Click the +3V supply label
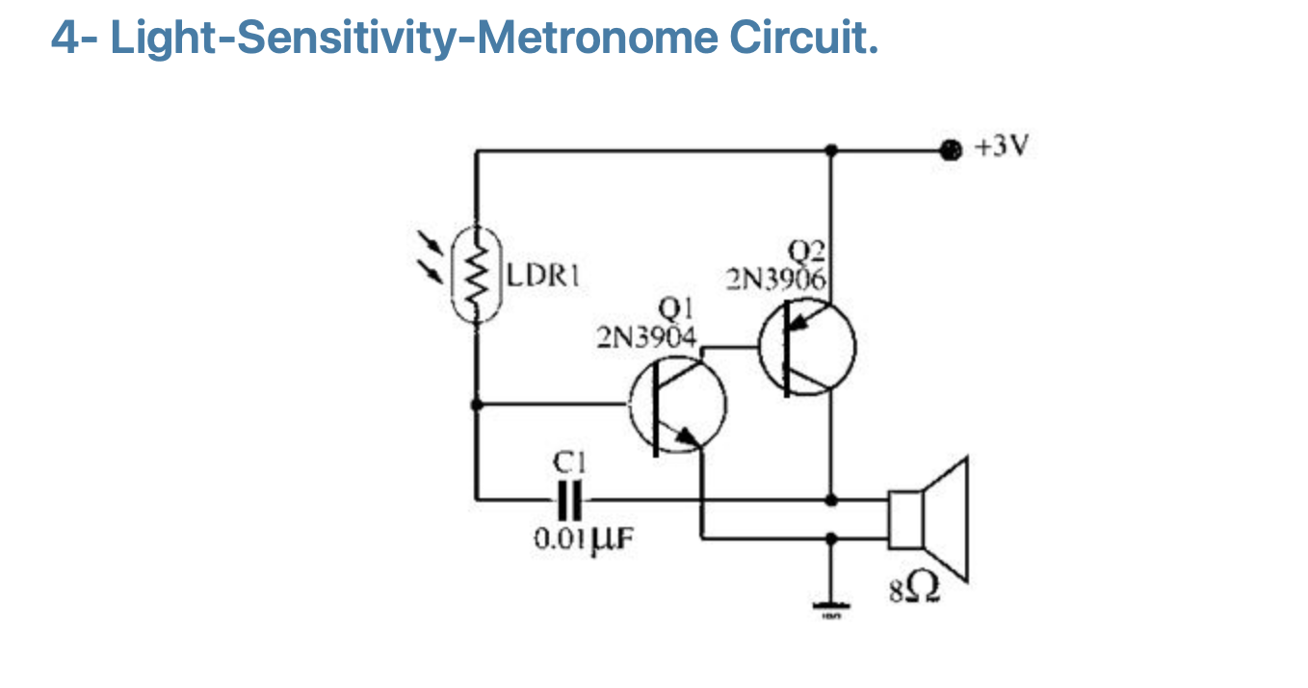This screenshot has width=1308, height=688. (1002, 148)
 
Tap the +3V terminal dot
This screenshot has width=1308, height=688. (950, 149)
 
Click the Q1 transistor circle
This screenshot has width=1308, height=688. (678, 409)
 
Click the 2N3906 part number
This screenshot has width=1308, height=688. (776, 279)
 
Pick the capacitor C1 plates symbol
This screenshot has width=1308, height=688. (570, 499)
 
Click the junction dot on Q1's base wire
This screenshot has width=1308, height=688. (476, 405)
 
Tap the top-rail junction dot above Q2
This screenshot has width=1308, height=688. (831, 150)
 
